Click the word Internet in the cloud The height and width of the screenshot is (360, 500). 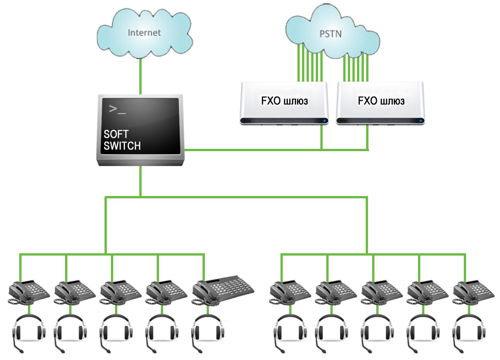[144, 33]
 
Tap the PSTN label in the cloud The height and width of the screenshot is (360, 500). [331, 34]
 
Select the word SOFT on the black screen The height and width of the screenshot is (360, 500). [116, 134]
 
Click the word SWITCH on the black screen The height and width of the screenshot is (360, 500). [122, 146]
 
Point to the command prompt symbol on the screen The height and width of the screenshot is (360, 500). [117, 109]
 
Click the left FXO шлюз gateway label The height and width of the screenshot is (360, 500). [285, 101]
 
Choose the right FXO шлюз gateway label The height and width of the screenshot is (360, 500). [381, 101]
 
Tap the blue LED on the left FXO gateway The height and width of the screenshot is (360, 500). [324, 121]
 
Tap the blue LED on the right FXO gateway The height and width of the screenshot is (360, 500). [421, 121]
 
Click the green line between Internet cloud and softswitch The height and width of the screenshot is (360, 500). [140, 76]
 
